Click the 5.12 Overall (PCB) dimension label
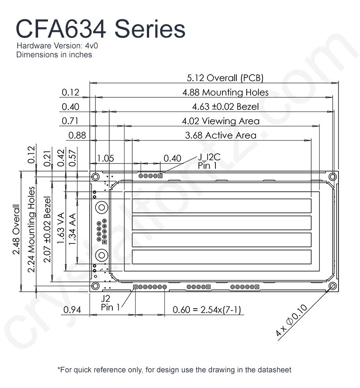click(x=225, y=78)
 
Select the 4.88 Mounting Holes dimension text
click(x=226, y=92)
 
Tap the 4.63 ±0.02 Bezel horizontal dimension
click(x=226, y=107)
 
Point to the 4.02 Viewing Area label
click(x=221, y=121)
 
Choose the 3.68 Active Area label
click(x=221, y=135)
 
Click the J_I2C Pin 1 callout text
click(x=209, y=161)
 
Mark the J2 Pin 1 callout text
click(x=110, y=303)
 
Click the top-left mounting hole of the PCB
click(x=95, y=177)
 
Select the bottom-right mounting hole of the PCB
click(x=333, y=286)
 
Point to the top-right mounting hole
click(x=333, y=177)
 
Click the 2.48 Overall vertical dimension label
click(x=16, y=229)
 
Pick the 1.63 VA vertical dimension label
click(x=60, y=228)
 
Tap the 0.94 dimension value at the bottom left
click(x=72, y=310)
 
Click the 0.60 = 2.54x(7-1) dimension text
click(x=207, y=310)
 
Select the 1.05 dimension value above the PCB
click(x=106, y=158)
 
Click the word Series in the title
click(x=150, y=29)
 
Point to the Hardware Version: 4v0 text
click(x=57, y=46)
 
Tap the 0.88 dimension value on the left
click(x=77, y=135)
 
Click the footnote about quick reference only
click(x=174, y=370)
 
